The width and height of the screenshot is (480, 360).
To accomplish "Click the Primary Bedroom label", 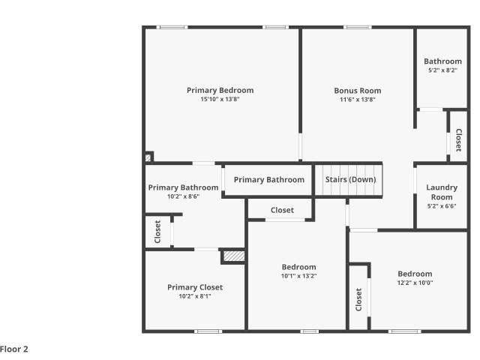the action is click(220, 90).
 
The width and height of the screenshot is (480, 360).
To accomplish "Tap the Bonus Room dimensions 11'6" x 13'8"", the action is click(358, 100).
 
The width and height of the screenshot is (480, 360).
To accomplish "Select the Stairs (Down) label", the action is click(350, 179).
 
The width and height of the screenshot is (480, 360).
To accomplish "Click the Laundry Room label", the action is click(442, 192).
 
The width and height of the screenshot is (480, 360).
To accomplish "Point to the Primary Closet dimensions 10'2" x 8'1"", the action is click(195, 296).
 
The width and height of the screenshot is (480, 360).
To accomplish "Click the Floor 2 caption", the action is click(14, 349).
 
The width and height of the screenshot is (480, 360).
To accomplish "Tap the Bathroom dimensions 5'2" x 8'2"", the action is click(442, 70).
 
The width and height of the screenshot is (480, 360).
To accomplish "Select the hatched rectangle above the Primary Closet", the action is click(234, 256).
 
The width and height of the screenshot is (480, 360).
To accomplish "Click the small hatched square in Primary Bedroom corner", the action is click(148, 157).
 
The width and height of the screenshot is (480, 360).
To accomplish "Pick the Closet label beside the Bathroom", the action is click(458, 140).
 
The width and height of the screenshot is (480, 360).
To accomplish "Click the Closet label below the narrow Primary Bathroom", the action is click(282, 210).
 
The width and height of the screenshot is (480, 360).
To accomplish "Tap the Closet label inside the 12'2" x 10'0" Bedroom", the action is click(358, 299).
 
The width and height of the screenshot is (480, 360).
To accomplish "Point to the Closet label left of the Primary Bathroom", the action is click(157, 232).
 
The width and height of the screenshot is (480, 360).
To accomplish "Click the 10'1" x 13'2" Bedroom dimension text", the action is click(298, 276).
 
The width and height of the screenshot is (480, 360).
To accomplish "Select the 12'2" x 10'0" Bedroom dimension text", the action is click(415, 283).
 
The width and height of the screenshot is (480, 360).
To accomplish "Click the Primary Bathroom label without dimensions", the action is click(269, 180).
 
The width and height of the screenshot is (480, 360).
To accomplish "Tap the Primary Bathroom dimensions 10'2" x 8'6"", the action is click(183, 196).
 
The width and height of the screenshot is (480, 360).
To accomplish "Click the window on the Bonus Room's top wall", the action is click(358, 27).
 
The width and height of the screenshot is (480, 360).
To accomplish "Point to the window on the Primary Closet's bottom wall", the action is click(208, 331).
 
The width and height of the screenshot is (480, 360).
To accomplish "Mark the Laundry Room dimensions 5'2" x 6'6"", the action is click(442, 206).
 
